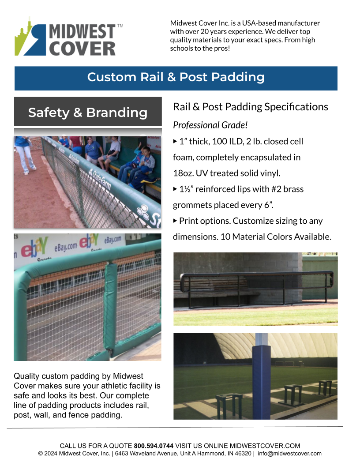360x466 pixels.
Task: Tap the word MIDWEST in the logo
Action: (x=82, y=32)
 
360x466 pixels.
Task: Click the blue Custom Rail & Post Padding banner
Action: (x=176, y=77)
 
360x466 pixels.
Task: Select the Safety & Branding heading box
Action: (x=88, y=112)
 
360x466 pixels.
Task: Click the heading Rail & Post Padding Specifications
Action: (x=250, y=107)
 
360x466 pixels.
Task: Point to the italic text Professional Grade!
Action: (x=210, y=125)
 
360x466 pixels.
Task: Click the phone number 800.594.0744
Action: (x=154, y=446)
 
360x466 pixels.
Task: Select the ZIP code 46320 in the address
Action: (x=243, y=453)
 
